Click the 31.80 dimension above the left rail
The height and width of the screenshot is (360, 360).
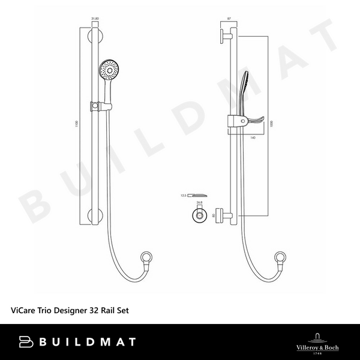pos(94,19)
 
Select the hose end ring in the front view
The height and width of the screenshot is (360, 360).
pos(145,260)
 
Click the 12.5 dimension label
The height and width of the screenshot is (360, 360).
pos(184,195)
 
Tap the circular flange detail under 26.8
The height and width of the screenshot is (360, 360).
pos(199,217)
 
